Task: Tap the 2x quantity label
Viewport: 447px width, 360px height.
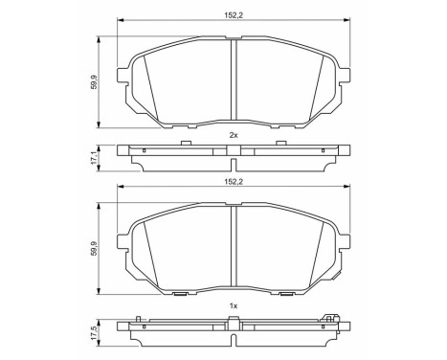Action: (x=233, y=136)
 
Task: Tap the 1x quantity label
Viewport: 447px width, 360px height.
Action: (x=233, y=306)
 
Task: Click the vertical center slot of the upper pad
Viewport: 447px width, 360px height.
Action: (x=235, y=81)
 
